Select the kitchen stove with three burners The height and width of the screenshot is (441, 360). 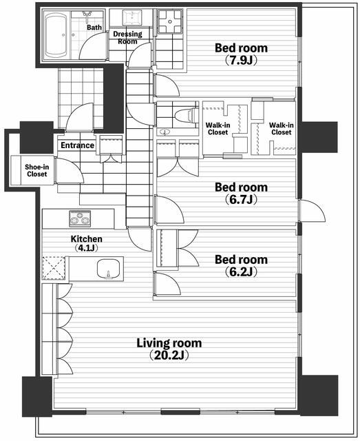pos(80,218)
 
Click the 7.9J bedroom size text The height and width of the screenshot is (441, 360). pos(241,61)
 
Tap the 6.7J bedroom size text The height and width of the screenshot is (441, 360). pos(241,200)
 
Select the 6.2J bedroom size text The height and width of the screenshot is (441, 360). pos(241,272)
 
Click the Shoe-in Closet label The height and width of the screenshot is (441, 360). pos(36,170)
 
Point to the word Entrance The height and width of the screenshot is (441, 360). pos(78,145)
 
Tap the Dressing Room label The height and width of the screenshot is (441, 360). pos(127,38)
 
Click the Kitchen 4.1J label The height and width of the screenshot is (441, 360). pos(86,243)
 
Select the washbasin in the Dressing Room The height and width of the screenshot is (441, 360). pos(131,17)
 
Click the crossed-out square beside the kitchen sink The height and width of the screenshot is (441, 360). pos(54,268)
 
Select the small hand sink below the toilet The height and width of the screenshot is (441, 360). pos(164,132)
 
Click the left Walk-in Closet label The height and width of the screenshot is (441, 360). pos(218,129)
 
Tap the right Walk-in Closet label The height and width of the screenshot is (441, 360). pos(282,129)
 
